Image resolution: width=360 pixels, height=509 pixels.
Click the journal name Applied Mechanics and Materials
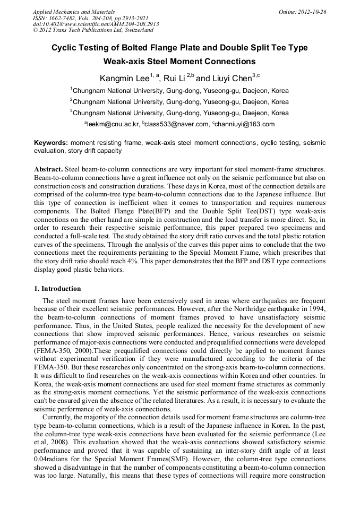pos(74,11)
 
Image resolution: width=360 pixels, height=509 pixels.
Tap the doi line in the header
pos(96,24)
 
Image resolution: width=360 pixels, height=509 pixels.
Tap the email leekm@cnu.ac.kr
pos(113,124)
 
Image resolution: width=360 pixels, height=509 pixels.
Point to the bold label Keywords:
pos(51,143)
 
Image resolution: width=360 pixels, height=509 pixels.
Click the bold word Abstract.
pos(48,168)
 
